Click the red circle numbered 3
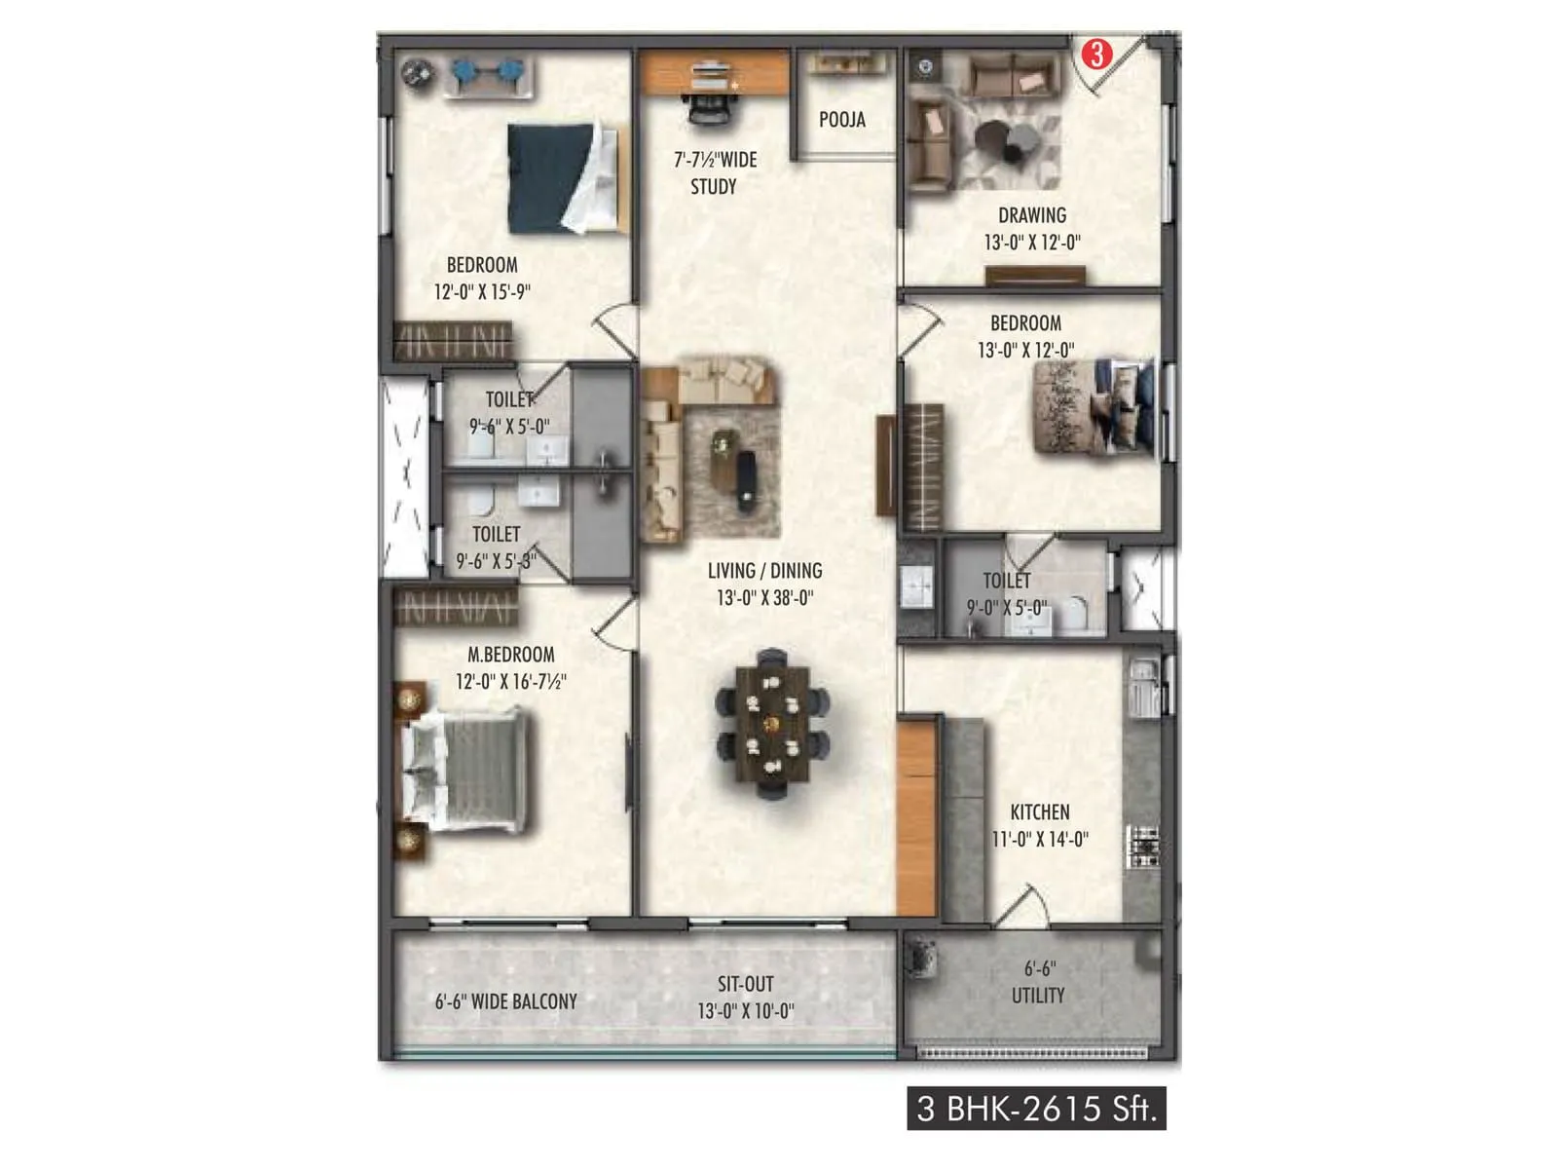(x=1097, y=54)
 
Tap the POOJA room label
(x=841, y=120)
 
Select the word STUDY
(x=714, y=187)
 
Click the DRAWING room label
(x=1031, y=215)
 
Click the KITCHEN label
(x=1039, y=811)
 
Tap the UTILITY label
(x=1038, y=996)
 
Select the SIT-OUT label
(x=746, y=984)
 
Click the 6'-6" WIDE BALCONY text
(x=505, y=1000)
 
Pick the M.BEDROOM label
(x=510, y=655)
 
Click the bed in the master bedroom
(x=465, y=770)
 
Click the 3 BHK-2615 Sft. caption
(x=1036, y=1109)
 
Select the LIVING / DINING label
(x=764, y=571)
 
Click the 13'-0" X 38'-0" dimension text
(x=764, y=598)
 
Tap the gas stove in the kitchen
(x=1143, y=847)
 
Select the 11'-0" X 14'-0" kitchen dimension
(x=1039, y=839)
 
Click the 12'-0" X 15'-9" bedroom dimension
(x=482, y=291)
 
